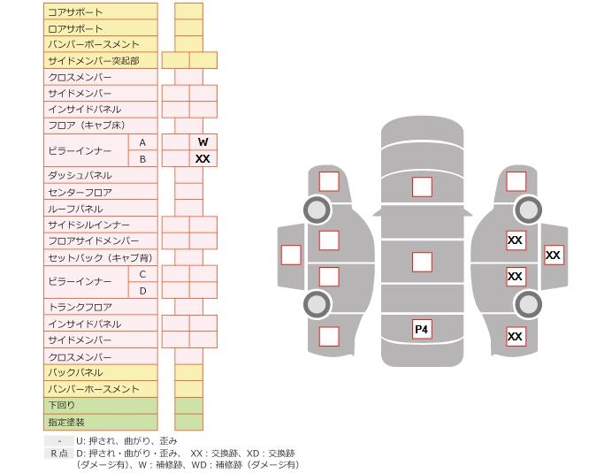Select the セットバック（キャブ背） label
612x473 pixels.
tap(100, 257)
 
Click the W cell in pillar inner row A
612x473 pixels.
tap(203, 141)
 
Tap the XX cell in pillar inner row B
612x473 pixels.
tap(203, 158)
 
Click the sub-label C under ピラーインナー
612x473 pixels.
tap(142, 274)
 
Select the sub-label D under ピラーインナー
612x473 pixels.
tap(142, 290)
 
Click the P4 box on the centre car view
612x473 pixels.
tap(422, 329)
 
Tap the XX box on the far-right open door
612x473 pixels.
tap(553, 255)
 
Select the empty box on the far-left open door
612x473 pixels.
tap(290, 255)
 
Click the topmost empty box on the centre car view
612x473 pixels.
tap(422, 187)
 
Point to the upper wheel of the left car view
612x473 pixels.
tap(317, 210)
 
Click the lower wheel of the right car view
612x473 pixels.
tap(528, 304)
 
